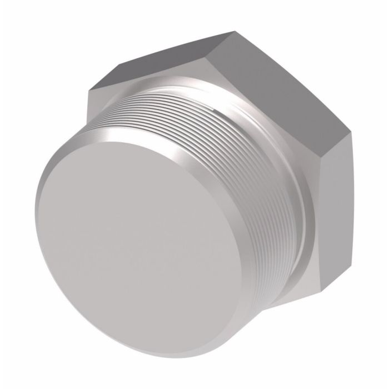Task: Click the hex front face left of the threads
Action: pos(108,119)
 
